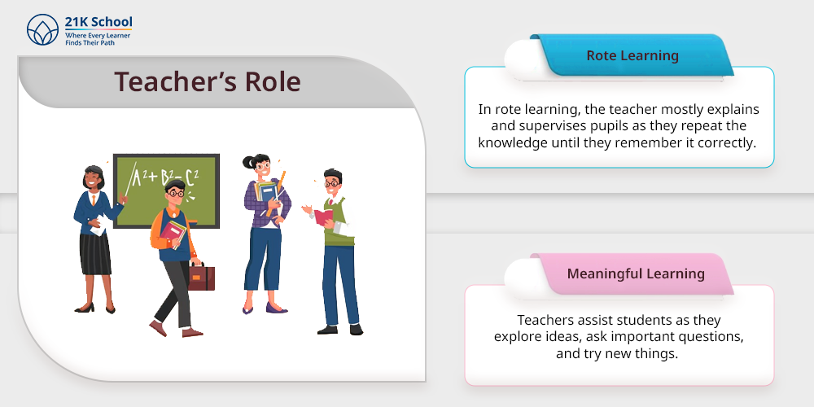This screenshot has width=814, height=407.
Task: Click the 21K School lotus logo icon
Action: pyautogui.click(x=42, y=29)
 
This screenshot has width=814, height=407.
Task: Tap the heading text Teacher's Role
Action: pyautogui.click(x=207, y=81)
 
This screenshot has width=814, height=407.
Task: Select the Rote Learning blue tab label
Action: pyautogui.click(x=632, y=55)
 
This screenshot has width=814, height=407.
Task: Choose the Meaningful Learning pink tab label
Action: pyautogui.click(x=636, y=274)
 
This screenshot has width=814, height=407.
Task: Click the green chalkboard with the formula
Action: pyautogui.click(x=166, y=190)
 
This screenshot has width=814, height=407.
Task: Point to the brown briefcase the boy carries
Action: pyautogui.click(x=201, y=277)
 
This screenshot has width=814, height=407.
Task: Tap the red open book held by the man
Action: pyautogui.click(x=323, y=217)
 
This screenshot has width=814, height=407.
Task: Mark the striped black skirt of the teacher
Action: pyautogui.click(x=95, y=254)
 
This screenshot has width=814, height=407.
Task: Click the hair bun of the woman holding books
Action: pyautogui.click(x=247, y=162)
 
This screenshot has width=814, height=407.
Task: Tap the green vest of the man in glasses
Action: pyautogui.click(x=338, y=223)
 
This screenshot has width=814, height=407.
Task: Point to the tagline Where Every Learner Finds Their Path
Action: pyautogui.click(x=98, y=39)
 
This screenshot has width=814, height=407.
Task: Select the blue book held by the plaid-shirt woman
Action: pyautogui.click(x=266, y=193)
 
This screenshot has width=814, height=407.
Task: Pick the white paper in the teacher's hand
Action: pyautogui.click(x=101, y=225)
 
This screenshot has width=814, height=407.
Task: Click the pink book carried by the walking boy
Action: pyautogui.click(x=173, y=233)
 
